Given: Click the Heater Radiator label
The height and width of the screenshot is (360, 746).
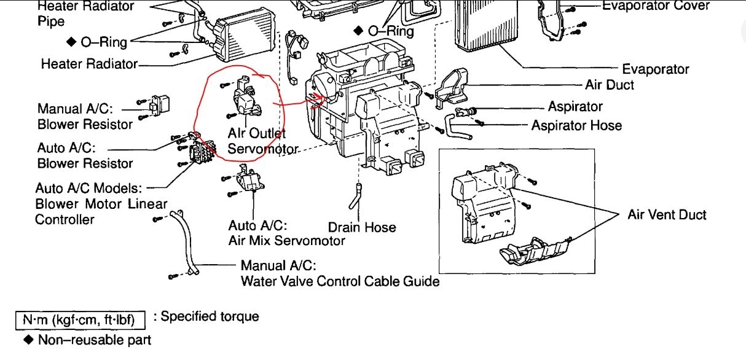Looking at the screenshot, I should pos(89,63).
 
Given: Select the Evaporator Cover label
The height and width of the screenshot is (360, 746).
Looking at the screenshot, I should pos(656,6).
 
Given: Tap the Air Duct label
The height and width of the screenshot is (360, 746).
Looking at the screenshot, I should pos(610,85).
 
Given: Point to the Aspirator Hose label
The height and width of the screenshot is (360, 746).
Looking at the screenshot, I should pos(576,125).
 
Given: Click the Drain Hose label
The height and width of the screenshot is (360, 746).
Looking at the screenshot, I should pos(362,227).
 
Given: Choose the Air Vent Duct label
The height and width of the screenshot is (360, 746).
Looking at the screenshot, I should pos(667,214).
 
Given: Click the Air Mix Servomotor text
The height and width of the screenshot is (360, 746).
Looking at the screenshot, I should pos(287,240).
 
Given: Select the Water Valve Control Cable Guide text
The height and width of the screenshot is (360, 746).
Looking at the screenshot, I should pos(340,281).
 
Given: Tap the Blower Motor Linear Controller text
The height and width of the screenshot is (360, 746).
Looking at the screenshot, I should pos(101,204).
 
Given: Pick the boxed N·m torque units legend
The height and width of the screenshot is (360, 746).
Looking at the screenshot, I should pos(80,319).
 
